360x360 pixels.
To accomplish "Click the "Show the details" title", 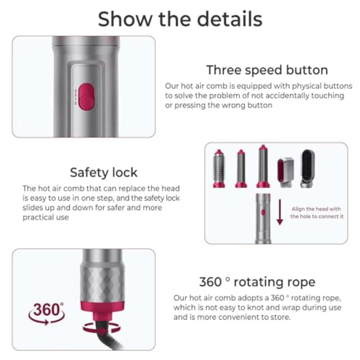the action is click(180, 19).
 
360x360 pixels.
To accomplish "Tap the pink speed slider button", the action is click(86, 96).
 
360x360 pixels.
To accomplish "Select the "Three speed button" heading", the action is click(267, 70).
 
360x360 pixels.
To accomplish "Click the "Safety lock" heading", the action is click(103, 172).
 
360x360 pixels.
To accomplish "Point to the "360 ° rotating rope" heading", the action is click(257, 282).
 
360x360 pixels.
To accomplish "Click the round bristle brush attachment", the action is click(219, 169).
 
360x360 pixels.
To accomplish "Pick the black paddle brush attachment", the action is click(307, 168).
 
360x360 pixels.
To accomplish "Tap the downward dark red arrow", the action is click(279, 212).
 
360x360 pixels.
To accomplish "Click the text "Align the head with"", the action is click(316, 209).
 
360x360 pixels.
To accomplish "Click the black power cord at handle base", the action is click(108, 337).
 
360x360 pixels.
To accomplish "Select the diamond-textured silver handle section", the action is click(103, 283).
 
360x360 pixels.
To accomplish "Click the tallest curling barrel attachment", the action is click(263, 166).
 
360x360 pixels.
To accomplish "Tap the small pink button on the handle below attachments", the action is click(263, 212).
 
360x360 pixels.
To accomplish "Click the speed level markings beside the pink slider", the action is click(75, 96).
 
